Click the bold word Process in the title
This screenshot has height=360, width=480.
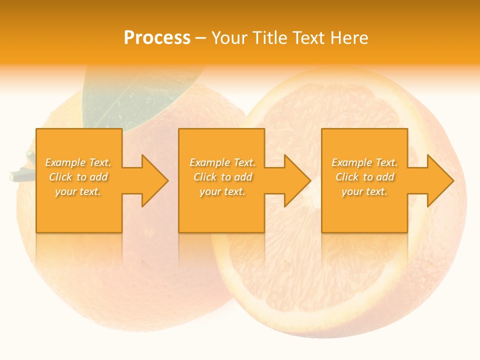157,38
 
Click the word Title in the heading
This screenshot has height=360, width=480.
268,38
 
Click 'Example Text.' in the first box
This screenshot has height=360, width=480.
78,162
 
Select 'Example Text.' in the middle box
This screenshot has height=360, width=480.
222,162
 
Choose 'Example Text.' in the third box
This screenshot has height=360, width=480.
364,162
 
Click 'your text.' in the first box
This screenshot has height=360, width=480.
78,191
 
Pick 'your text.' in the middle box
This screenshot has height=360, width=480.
222,191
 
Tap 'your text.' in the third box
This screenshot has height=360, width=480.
364,191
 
